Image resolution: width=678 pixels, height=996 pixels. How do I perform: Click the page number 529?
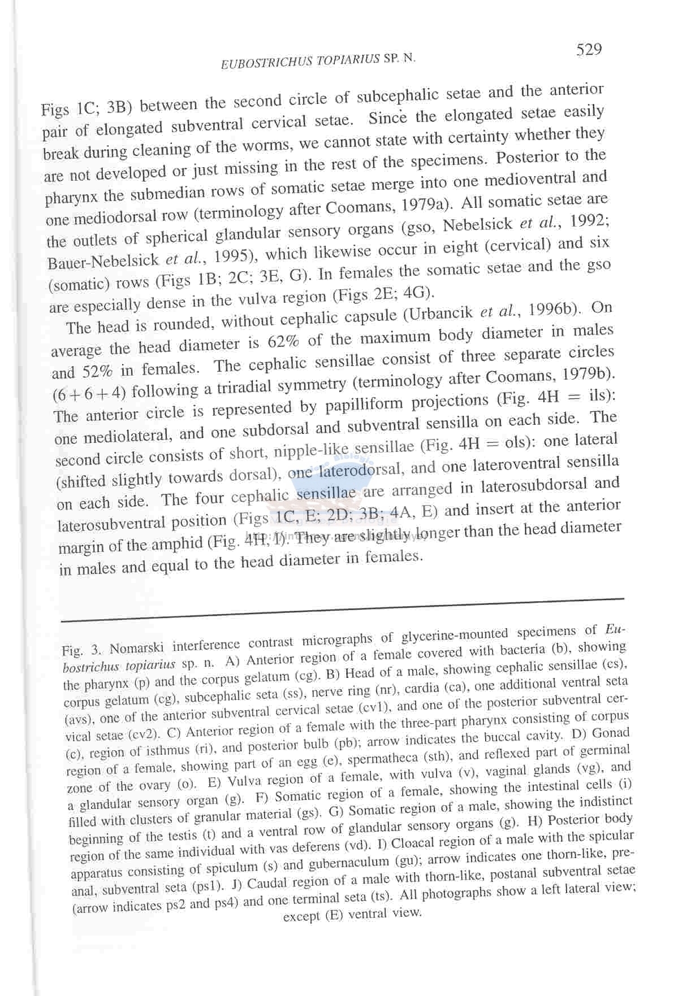coord(589,50)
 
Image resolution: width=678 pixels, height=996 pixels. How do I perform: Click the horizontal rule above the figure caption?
coord(342,610)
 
